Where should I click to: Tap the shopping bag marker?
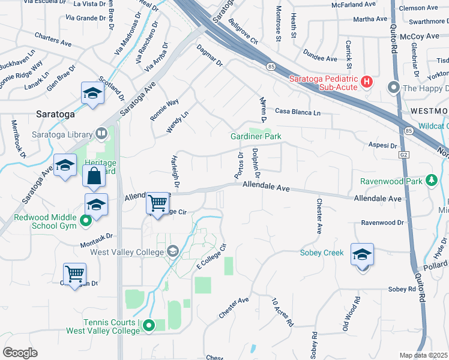coord(95,177)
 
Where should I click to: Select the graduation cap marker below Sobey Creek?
coord(361,256)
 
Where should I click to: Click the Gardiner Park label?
coord(256,137)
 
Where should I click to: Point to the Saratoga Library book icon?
coord(102,134)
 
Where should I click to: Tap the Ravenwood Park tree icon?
coord(430,180)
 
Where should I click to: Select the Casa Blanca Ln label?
coord(298,112)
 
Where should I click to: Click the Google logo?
coord(20,352)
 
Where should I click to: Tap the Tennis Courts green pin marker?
coord(150,325)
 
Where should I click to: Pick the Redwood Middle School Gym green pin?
coord(85,220)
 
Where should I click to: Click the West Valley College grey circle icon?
coord(173,250)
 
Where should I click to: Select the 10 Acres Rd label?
coord(282,312)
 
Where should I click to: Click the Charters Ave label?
coord(53,39)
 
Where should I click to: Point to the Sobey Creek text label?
coord(322,253)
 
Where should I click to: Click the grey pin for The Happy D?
coord(394,88)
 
